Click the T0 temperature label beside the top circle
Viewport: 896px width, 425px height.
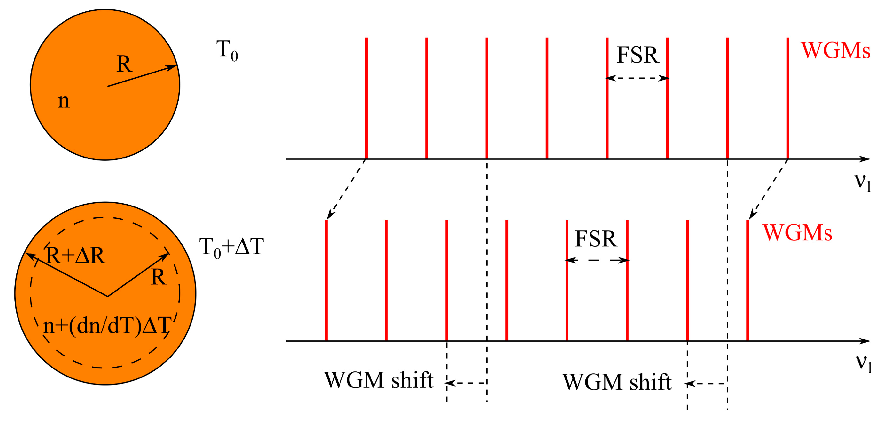pyautogui.click(x=227, y=51)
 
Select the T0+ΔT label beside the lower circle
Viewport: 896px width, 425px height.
pyautogui.click(x=231, y=247)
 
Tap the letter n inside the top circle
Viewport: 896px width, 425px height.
pyautogui.click(x=63, y=101)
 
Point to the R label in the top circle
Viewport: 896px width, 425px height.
pyautogui.click(x=124, y=64)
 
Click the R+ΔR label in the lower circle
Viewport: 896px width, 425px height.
pyautogui.click(x=76, y=256)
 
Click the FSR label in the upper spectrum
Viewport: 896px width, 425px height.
pyautogui.click(x=638, y=55)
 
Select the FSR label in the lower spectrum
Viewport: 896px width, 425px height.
pyautogui.click(x=596, y=239)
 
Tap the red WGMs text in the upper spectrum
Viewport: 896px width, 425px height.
pyautogui.click(x=835, y=51)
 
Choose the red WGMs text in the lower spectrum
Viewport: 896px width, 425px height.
pyautogui.click(x=797, y=232)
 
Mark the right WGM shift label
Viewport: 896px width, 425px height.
pyautogui.click(x=617, y=382)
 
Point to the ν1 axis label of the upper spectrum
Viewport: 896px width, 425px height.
pyautogui.click(x=863, y=182)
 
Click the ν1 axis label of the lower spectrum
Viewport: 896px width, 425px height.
pyautogui.click(x=864, y=363)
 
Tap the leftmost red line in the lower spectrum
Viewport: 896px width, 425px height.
pyautogui.click(x=326, y=280)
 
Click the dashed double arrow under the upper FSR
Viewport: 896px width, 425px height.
pyautogui.click(x=637, y=78)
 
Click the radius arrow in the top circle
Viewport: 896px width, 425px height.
pyautogui.click(x=142, y=76)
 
